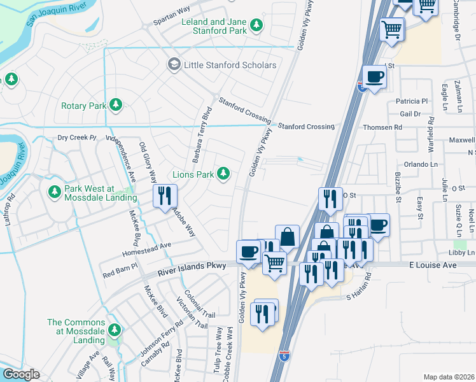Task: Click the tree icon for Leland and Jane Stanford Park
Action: [x=256, y=25]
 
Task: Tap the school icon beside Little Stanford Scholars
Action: [x=174, y=64]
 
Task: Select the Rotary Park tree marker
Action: [x=115, y=105]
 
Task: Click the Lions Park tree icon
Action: [x=223, y=173]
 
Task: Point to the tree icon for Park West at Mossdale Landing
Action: [x=54, y=192]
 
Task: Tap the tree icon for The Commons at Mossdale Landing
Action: [x=115, y=330]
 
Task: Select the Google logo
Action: [x=21, y=374]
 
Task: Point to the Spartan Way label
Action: [x=172, y=18]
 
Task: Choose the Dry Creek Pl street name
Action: [x=76, y=138]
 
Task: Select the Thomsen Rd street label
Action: [x=382, y=127]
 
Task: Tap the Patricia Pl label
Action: [x=412, y=101]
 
